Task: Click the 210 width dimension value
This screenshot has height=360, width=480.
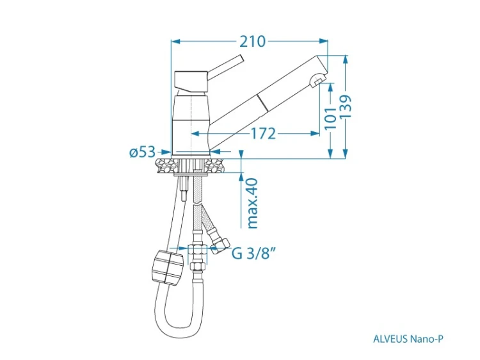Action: click(x=252, y=42)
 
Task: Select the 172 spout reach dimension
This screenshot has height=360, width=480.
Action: click(x=263, y=134)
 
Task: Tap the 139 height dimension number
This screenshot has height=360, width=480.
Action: click(x=346, y=106)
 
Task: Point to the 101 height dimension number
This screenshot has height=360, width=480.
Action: click(x=331, y=119)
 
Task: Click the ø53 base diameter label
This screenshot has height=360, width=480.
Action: click(x=143, y=152)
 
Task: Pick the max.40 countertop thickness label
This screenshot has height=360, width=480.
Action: click(x=253, y=204)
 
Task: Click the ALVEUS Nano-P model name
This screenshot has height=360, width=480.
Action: click(x=408, y=339)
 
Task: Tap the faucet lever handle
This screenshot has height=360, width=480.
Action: click(x=225, y=67)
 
